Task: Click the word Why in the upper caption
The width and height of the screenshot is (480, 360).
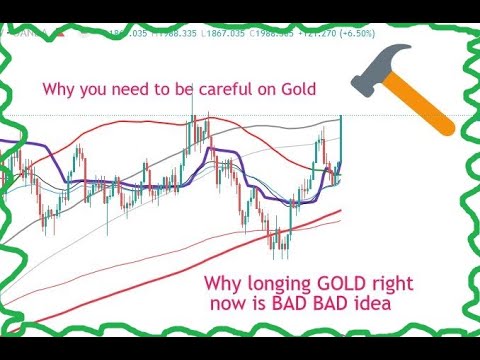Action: (58, 89)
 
